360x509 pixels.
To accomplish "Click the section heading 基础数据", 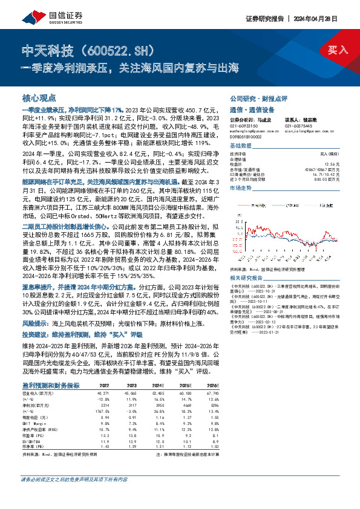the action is click(x=241, y=146).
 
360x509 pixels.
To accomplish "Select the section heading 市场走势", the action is click(x=241, y=189).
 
